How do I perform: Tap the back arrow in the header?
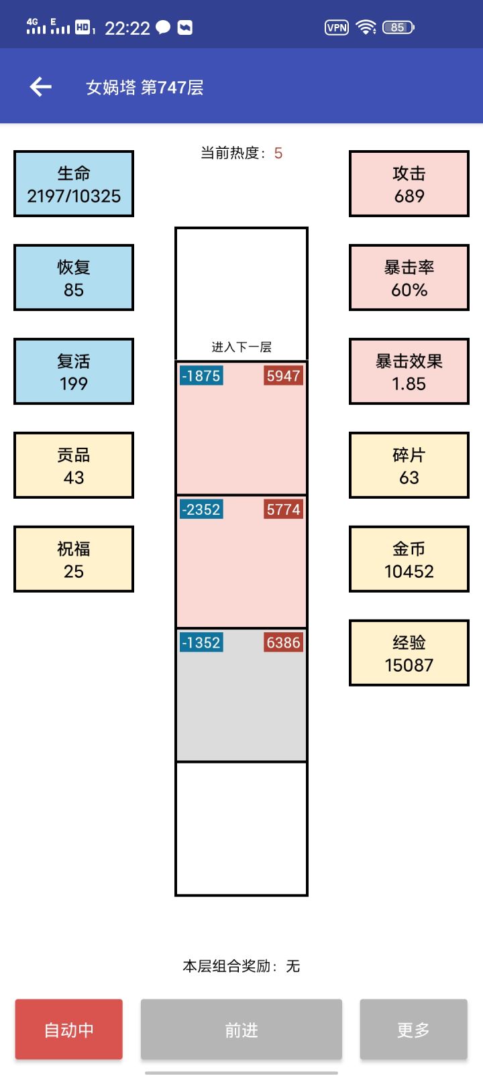[x=40, y=86]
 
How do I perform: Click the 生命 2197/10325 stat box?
[x=74, y=184]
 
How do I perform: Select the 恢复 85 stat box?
[x=74, y=278]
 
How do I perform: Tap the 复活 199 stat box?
[x=74, y=371]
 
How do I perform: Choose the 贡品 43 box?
[x=74, y=465]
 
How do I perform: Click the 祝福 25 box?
[x=74, y=559]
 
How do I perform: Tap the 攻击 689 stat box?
[x=409, y=184]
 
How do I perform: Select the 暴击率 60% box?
[x=409, y=278]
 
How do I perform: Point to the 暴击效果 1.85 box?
[x=409, y=371]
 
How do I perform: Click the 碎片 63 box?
[x=409, y=465]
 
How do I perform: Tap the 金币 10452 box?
[x=409, y=559]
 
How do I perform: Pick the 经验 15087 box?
[x=409, y=653]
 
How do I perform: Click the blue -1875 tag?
[x=201, y=376]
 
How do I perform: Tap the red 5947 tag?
[x=283, y=376]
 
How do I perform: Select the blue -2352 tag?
[x=201, y=510]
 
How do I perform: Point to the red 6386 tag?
[x=283, y=643]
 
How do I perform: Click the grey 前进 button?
[x=241, y=1030]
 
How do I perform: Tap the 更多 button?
[x=413, y=1030]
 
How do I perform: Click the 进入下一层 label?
[x=241, y=347]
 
